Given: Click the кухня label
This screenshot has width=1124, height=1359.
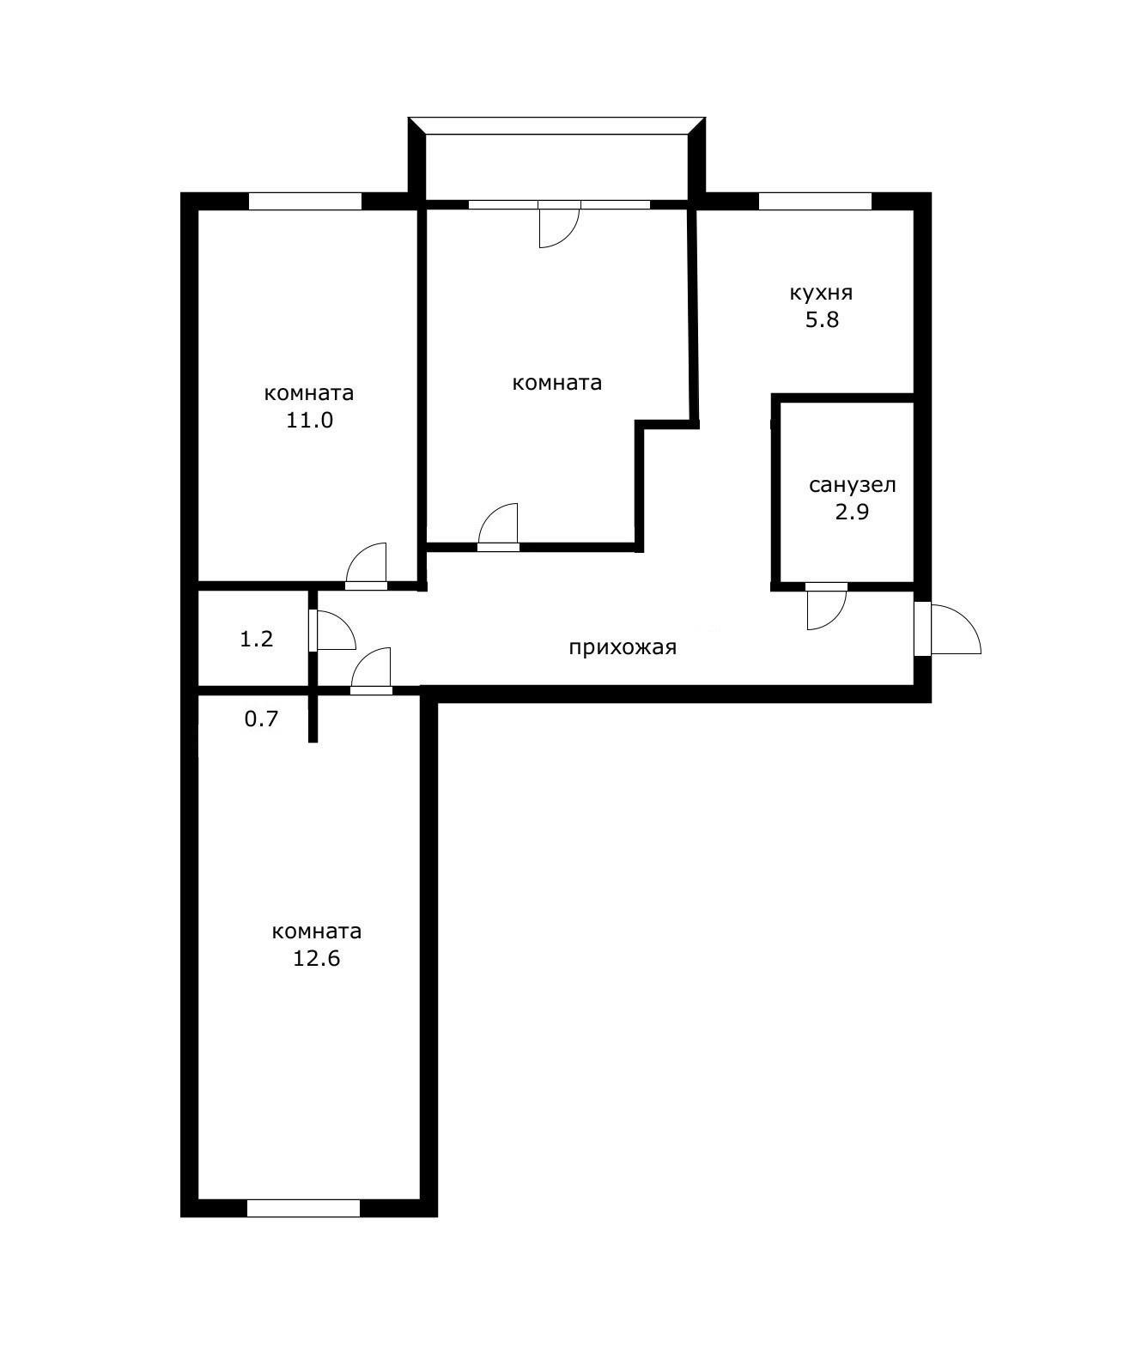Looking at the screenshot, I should tap(821, 293).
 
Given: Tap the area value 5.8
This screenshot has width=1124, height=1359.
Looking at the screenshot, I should tap(821, 320).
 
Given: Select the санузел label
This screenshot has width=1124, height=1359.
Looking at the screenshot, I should tap(852, 485).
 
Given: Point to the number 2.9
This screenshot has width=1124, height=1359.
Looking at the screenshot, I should tap(852, 513).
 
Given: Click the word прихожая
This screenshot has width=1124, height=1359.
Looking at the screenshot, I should tap(623, 647).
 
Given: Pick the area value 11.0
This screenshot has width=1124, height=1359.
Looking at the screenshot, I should tap(309, 421).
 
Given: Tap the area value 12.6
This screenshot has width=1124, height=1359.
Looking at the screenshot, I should tap(316, 959).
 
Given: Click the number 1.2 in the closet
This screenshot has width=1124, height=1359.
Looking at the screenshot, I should tap(256, 639).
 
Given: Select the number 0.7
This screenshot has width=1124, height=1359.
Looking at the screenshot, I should tap(261, 719).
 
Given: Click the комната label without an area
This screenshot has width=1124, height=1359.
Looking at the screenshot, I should tap(556, 383).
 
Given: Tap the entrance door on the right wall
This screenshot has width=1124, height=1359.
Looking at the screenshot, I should tap(945, 629).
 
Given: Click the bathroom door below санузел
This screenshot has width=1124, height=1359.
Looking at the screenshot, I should tap(826, 605).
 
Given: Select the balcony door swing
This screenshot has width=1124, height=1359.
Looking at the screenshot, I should tap(558, 225).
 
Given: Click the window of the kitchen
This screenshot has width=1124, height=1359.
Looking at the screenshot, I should tap(815, 202).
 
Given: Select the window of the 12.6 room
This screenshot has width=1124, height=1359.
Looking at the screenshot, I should tap(303, 1208).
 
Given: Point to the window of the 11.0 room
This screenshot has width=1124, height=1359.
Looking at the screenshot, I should tap(305, 202).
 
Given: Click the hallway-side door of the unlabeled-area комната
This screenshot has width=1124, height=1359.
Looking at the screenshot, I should tap(499, 527).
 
